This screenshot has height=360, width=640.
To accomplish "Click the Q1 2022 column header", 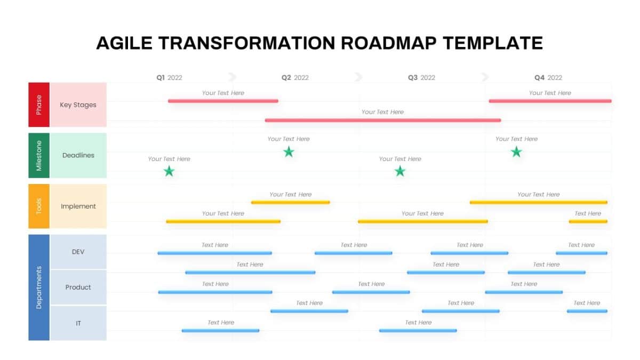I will (169, 77).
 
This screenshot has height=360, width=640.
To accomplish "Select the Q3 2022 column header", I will (421, 77).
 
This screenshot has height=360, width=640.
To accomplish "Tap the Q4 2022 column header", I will (548, 77).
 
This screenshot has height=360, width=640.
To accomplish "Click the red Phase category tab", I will (39, 105).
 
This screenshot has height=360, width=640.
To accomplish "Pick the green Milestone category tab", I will (39, 155).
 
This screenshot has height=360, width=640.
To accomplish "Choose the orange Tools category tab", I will (39, 206).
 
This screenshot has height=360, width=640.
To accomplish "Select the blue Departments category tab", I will (39, 287).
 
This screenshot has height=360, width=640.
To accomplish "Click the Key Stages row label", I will (78, 105).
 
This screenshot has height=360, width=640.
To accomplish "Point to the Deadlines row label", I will (78, 155).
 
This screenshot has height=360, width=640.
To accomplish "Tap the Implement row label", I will (78, 206).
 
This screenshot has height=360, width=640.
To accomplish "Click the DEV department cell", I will (78, 252).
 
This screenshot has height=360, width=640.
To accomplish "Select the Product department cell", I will (78, 287).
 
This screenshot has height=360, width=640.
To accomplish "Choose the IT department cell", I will (78, 323).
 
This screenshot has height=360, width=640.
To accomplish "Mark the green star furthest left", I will (169, 171).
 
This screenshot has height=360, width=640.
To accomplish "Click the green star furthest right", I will (516, 152).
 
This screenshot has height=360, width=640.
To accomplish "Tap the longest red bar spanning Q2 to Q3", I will (382, 120).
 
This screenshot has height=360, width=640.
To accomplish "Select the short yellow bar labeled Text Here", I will (588, 221).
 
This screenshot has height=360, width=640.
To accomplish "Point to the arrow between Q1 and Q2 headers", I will (232, 77).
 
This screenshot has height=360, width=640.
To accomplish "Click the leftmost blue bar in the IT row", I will (220, 331).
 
